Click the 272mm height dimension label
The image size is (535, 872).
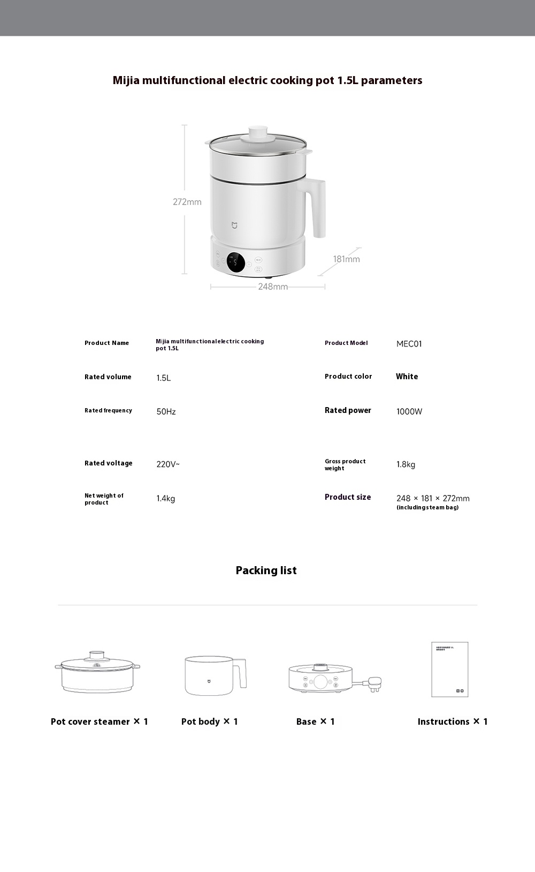187,202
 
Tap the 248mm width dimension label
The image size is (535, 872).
273,287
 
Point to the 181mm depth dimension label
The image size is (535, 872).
346,259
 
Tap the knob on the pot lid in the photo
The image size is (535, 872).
258,132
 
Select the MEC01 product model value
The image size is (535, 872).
409,344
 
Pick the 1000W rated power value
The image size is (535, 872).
409,411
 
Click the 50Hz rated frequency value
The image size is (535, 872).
166,411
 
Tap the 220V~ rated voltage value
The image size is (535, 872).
168,464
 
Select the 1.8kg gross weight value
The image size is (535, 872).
406,464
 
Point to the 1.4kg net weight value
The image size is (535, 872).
165,499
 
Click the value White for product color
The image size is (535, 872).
407,377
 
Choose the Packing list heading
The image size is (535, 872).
266,570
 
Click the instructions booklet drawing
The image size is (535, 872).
449,670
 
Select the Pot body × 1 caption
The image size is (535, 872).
209,721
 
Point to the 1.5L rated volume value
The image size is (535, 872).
163,378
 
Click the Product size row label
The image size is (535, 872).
347,497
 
